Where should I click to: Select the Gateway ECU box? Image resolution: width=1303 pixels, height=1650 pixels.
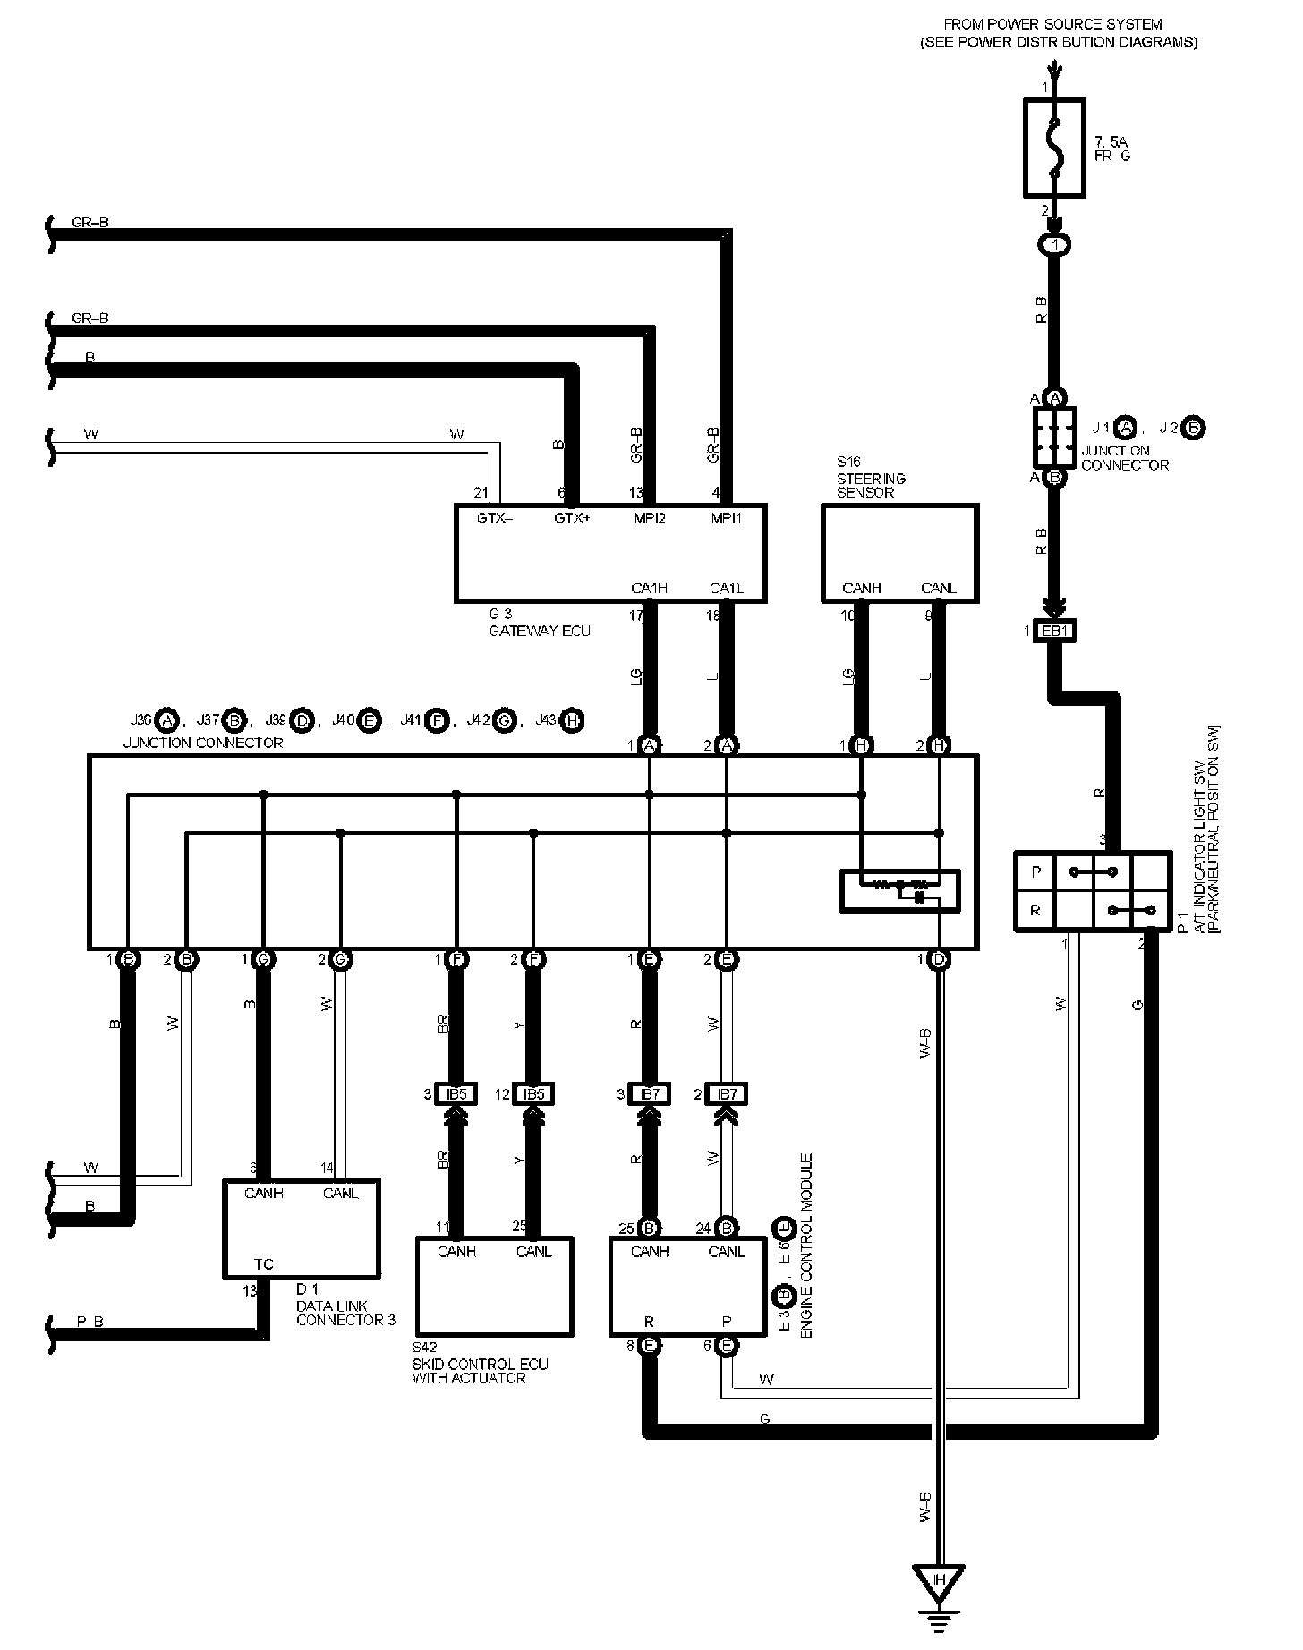pos(610,553)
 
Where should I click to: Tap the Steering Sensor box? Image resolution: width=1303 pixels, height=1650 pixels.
pos(899,552)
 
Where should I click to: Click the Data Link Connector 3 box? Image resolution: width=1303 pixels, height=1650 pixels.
pos(301,1228)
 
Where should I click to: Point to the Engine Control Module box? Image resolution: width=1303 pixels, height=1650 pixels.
pos(687,1286)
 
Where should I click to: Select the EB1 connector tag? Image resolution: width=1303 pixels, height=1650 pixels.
pos(1054,631)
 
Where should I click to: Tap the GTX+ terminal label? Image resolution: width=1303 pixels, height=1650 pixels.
pos(572,518)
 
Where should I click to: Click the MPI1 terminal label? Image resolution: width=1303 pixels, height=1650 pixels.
pos(726,518)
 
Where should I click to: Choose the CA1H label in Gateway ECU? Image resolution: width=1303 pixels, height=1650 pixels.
pos(649,588)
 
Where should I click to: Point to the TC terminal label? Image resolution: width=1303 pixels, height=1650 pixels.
pos(263,1263)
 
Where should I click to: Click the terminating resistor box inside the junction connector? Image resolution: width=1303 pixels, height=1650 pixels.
pos(899,890)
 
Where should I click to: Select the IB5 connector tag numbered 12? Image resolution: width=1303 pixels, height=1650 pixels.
pos(534,1093)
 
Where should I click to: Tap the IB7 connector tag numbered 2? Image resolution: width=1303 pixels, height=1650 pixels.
pos(726,1093)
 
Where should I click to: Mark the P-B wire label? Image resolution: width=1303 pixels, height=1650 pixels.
pos(89,1322)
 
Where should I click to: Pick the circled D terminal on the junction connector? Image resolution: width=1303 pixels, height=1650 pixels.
pos(938,959)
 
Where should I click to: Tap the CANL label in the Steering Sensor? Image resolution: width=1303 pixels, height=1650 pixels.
pos(938,588)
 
